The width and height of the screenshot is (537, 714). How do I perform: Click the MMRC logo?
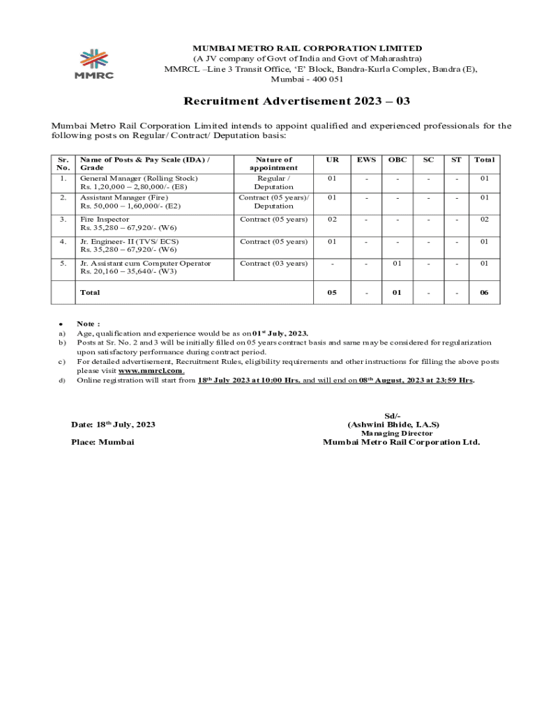tap(94, 63)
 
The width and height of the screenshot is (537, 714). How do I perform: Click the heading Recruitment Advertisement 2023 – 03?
tap(296, 102)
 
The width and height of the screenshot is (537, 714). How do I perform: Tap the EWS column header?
tap(366, 160)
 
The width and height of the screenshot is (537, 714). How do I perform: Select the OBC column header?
tap(397, 160)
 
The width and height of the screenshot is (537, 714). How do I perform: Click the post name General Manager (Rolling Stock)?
tap(138, 178)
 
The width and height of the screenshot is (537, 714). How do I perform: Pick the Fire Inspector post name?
tap(105, 220)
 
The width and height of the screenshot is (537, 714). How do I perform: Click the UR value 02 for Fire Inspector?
tap(333, 220)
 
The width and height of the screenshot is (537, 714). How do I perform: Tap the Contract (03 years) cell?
tap(273, 264)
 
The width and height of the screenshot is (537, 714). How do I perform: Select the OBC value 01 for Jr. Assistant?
tap(397, 264)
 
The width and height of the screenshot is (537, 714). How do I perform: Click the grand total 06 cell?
tap(484, 293)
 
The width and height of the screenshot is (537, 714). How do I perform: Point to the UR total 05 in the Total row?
tap(333, 293)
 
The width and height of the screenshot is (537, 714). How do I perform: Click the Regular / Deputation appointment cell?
tap(273, 183)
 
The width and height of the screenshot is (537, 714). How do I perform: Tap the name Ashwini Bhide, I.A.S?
tap(393, 424)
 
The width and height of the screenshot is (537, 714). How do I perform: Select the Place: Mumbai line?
tap(103, 442)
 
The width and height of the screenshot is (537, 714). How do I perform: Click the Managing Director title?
tap(396, 433)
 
